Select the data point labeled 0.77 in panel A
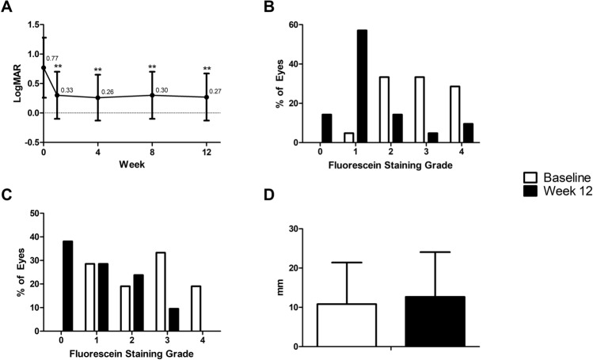[44, 68]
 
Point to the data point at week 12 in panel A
[207, 97]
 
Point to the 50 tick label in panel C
[32, 214]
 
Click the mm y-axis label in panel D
[279, 287]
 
